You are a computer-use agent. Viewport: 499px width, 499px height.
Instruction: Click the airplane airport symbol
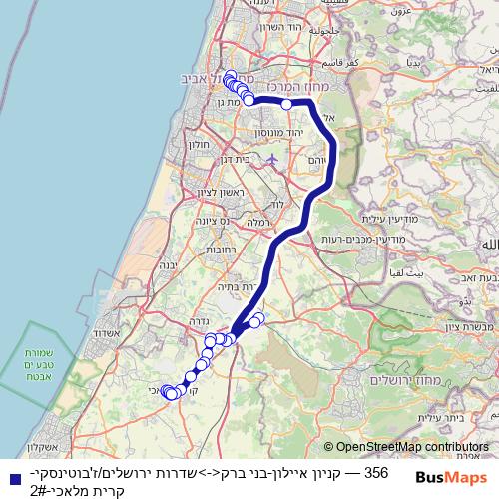273,159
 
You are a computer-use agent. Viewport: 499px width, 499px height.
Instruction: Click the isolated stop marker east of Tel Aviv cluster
286,104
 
